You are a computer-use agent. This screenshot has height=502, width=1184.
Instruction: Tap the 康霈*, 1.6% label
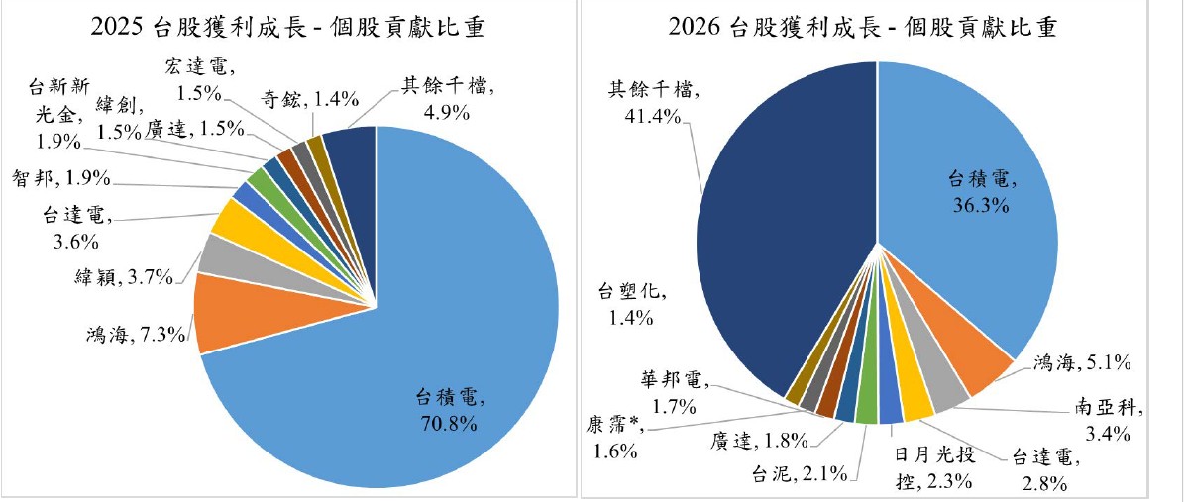tap(610, 437)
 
